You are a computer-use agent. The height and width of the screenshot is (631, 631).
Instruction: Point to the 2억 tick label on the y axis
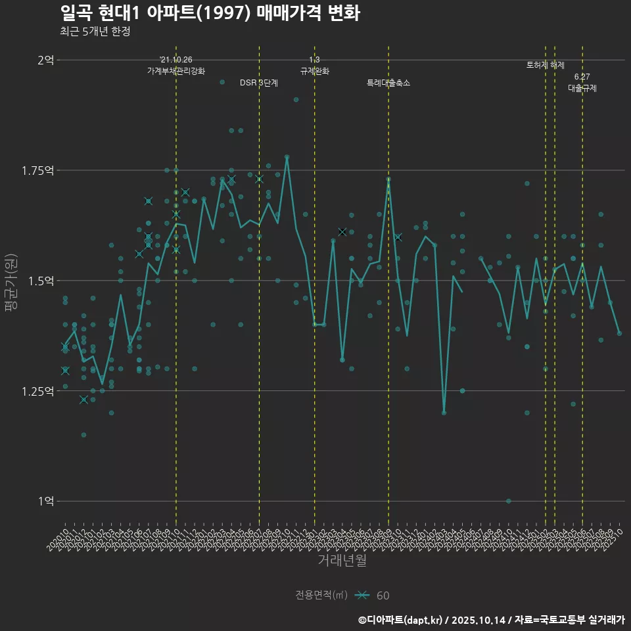[45, 60]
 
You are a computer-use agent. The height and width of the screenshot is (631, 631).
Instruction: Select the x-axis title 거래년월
[342, 560]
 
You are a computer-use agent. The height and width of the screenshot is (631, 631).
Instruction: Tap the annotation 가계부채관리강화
[176, 71]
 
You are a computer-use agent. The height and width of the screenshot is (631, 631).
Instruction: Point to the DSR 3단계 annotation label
[259, 83]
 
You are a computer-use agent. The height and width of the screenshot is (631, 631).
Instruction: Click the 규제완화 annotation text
[314, 71]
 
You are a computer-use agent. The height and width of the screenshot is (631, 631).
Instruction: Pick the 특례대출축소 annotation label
[388, 83]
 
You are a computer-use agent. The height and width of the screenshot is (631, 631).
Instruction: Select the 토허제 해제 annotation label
[546, 65]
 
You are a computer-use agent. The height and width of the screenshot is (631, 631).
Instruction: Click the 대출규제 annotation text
[582, 88]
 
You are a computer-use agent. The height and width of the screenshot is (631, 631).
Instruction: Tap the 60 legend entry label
[383, 596]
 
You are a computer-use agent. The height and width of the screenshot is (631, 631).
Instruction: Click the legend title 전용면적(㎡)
[321, 595]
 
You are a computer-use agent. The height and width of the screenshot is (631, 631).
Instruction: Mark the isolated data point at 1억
[509, 501]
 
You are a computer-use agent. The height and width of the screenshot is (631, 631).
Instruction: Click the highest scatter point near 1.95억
[222, 82]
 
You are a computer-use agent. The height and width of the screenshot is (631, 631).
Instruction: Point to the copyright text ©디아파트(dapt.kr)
[401, 620]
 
